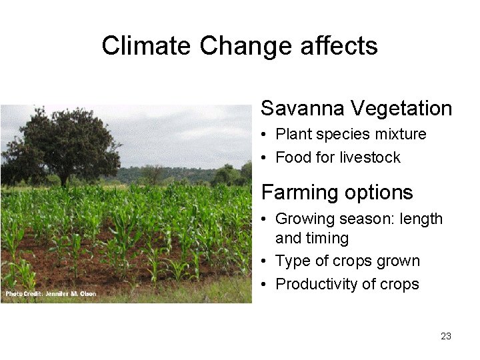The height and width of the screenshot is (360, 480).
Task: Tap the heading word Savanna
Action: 303,108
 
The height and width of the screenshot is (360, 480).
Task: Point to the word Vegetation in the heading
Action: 401,108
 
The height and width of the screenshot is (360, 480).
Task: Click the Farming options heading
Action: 337,193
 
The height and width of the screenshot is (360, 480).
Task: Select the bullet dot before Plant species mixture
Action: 265,135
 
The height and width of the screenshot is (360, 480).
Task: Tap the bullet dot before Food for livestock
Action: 265,158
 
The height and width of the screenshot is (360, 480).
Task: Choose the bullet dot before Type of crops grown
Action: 265,261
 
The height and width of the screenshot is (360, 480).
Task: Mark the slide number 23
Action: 446,336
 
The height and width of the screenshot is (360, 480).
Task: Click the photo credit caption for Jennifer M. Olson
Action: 51,293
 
